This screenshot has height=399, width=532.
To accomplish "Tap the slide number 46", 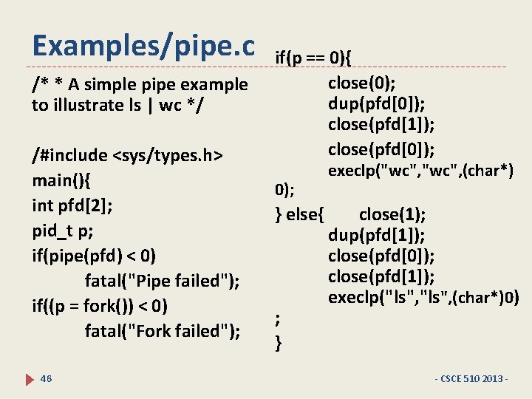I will coord(46,378).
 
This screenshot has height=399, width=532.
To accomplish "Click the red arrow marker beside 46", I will coord(30,379).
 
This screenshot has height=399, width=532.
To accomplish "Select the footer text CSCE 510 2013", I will coord(473,379).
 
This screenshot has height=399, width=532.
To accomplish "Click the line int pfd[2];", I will coord(72,205).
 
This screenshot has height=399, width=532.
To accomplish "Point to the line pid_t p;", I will coord(63,231).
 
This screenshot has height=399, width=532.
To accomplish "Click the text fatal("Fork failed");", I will coord(163,331).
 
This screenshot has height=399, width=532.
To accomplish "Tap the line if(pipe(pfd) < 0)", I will coord(94,256).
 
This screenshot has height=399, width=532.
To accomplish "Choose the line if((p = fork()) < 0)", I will coord(100,306).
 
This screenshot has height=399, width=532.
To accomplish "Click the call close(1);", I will coord(392,214).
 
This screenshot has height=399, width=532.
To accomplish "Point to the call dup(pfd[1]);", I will coord(377,236).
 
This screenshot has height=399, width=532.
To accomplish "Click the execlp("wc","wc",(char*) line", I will coord(420,171).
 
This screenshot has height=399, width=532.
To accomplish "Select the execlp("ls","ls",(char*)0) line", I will coord(423,298).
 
